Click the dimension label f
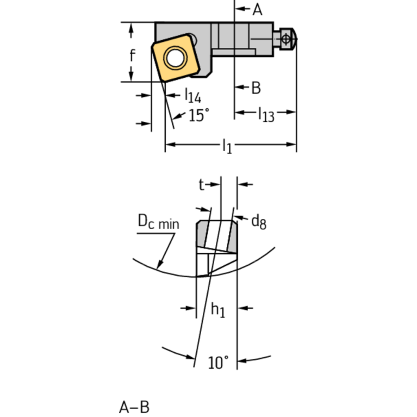click(x=132, y=55)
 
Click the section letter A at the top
click(x=257, y=9)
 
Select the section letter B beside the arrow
click(x=256, y=88)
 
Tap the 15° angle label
click(x=198, y=115)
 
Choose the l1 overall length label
click(x=227, y=145)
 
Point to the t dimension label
click(x=201, y=185)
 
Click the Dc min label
click(x=158, y=222)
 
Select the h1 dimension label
click(x=217, y=309)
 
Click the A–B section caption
click(x=134, y=407)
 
